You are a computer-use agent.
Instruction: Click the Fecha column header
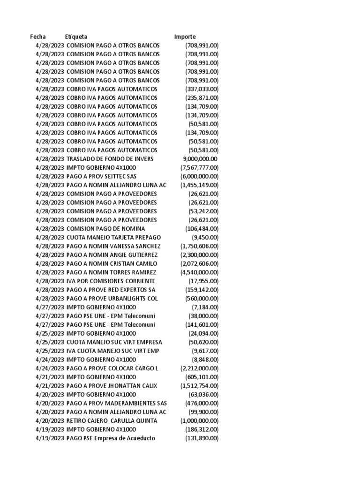coord(38,37)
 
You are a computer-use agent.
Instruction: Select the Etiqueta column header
coord(76,37)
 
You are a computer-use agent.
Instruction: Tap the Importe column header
coord(185,37)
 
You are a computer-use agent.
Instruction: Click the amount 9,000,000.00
coord(200,159)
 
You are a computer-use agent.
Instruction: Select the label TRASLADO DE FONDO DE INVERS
coord(110,159)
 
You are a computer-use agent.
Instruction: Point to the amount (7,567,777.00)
coord(199,167)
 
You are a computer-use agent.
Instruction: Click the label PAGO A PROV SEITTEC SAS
coord(102,176)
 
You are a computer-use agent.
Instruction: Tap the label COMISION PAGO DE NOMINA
coord(106,228)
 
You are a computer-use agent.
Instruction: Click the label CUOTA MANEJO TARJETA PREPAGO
coord(114,237)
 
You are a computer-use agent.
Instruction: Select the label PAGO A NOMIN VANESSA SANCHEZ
coord(114,246)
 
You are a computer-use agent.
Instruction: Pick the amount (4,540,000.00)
coord(199,272)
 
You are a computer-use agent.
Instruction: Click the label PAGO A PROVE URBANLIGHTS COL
coord(112,298)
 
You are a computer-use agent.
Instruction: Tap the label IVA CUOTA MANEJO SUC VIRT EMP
coord(113,351)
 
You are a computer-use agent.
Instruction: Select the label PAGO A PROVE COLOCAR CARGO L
coord(112,368)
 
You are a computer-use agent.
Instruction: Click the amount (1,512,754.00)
coord(199,385)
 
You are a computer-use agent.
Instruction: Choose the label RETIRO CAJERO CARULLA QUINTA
coord(112,420)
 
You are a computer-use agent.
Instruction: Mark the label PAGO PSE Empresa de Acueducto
coord(111,438)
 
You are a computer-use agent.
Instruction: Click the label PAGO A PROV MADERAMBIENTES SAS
coord(117,403)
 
